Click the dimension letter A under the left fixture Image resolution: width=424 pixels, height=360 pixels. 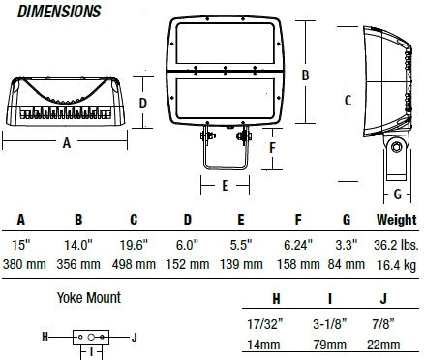click(x=65, y=142)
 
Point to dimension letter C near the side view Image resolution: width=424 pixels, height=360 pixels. click(x=348, y=99)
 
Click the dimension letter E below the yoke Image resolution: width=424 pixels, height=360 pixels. click(x=225, y=183)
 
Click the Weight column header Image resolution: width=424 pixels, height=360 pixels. click(x=397, y=220)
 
